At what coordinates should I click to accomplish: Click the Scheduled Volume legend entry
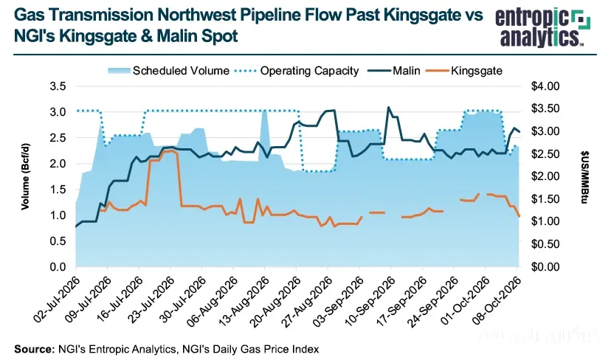(x=168, y=71)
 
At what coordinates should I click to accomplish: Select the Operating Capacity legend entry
(x=297, y=71)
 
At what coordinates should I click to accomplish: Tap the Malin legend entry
(x=392, y=71)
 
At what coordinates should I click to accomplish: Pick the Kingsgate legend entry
(x=463, y=71)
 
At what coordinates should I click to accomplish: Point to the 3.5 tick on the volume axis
(x=58, y=86)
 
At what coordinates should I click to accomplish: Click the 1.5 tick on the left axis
(x=58, y=190)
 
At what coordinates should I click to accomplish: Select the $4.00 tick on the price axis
(x=545, y=86)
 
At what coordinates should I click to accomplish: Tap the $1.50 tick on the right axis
(x=545, y=199)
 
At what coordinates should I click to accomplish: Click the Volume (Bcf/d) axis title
(x=25, y=176)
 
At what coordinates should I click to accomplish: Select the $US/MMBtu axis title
(x=584, y=177)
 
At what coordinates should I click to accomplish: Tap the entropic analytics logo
(x=542, y=27)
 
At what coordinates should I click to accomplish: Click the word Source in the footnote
(x=34, y=349)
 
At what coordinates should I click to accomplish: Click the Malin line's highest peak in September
(x=387, y=107)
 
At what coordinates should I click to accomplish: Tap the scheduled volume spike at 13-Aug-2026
(x=265, y=113)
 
